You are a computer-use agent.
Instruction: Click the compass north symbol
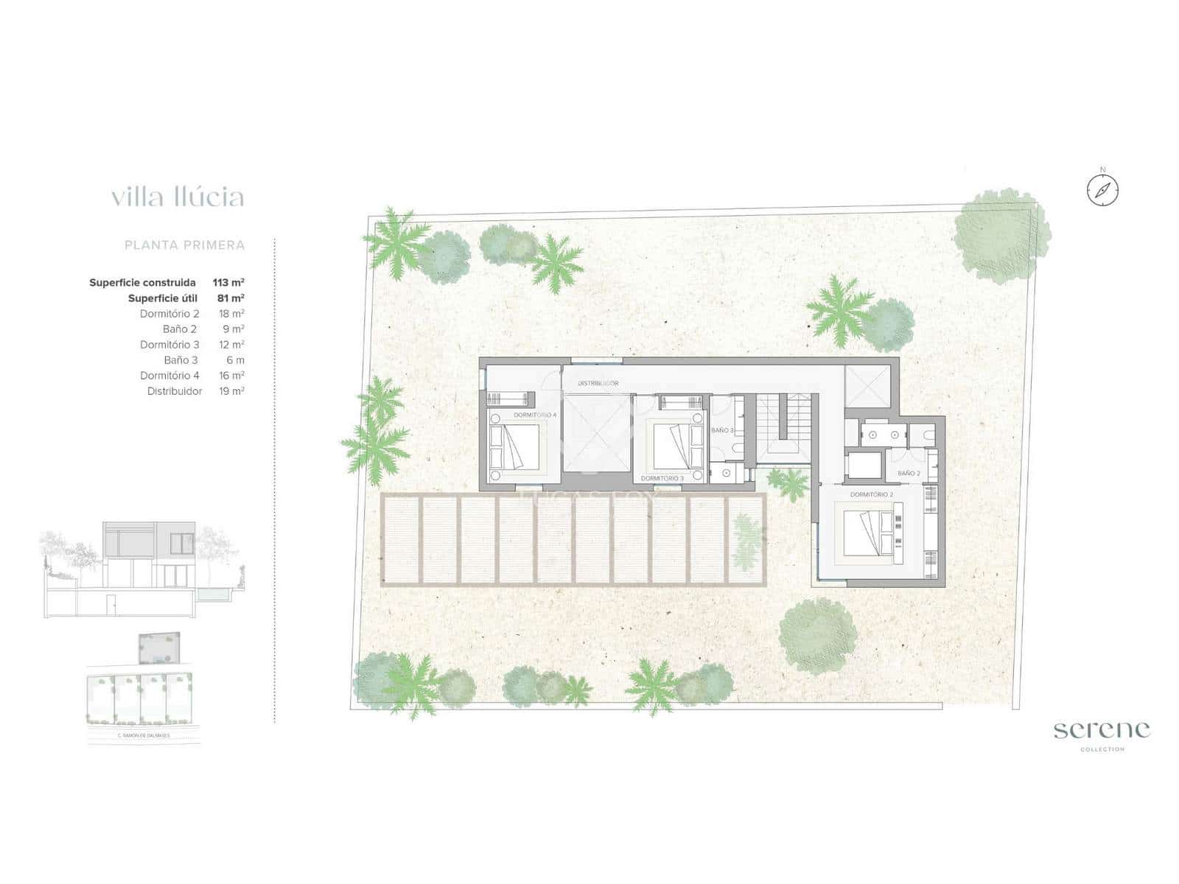[x=1102, y=190]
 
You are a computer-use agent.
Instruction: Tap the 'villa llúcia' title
[x=178, y=197]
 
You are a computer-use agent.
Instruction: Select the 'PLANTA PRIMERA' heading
[x=184, y=245]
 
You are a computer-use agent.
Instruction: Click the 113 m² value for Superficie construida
[x=228, y=282]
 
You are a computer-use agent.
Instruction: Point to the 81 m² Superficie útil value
[x=231, y=298]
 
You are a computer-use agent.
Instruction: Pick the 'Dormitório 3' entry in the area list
[x=169, y=345]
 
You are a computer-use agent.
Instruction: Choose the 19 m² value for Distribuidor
[x=231, y=391]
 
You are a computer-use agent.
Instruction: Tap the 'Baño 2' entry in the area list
[x=180, y=329]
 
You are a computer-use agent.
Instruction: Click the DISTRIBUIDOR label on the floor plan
[x=598, y=383]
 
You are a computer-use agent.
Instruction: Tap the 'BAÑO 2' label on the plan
[x=909, y=474]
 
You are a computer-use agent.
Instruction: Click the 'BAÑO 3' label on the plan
[x=722, y=430]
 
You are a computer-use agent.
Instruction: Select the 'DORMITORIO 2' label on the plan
[x=871, y=494]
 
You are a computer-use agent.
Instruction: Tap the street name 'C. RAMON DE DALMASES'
[x=143, y=735]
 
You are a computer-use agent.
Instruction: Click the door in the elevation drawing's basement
[x=111, y=606]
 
